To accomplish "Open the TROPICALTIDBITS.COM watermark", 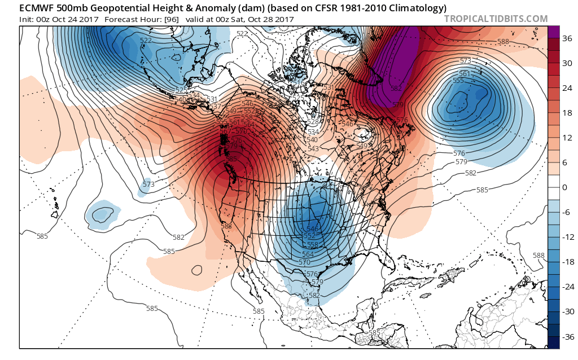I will [x=496, y=19].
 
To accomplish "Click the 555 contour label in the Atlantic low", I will [x=458, y=81].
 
